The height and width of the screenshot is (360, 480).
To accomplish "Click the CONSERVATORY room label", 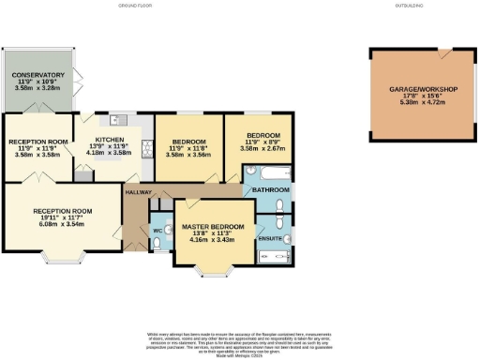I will click(x=38, y=74).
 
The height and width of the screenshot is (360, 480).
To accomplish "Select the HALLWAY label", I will click(x=139, y=192).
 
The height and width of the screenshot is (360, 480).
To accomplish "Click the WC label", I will click(x=157, y=230).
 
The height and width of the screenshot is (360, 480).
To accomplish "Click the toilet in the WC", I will click(x=155, y=244).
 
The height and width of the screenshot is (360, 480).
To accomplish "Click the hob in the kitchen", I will click(x=146, y=146).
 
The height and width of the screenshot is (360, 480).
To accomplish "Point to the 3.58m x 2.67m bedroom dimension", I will click(x=255, y=147).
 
